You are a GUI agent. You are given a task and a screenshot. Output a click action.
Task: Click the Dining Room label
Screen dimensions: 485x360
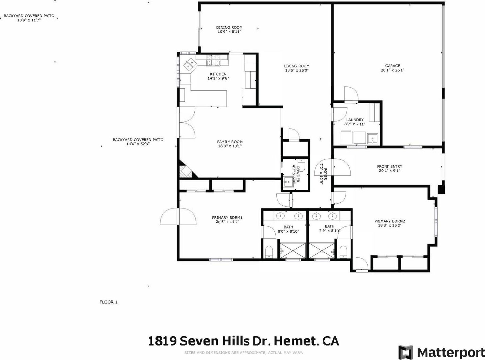click(229, 27)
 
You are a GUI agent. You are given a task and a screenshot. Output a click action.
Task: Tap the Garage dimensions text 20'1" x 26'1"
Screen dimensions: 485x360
click(392, 70)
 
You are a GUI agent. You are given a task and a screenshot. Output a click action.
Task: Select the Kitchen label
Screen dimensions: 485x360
click(218, 74)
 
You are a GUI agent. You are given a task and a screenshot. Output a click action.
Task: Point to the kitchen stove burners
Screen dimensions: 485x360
click(213, 63)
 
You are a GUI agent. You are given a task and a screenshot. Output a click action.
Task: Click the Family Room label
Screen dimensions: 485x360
click(230, 142)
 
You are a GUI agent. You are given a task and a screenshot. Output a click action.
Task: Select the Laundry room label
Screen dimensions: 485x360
click(355, 120)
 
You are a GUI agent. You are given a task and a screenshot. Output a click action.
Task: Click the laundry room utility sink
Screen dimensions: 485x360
click(372, 138)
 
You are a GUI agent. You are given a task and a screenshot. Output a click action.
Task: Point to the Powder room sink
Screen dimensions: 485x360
click(288, 181)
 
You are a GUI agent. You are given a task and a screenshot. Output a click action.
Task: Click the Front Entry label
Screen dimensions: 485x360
click(389, 166)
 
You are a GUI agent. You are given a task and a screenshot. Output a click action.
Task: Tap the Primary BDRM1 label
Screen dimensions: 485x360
click(227, 218)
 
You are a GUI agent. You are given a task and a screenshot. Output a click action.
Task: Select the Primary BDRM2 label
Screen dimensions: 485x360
click(389, 221)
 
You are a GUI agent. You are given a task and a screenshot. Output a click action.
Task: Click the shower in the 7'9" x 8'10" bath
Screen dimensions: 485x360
click(322, 250)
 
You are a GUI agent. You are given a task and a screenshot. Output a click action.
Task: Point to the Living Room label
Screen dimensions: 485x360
click(296, 66)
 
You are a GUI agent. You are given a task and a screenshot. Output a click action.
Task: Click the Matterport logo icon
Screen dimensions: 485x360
click(406, 353)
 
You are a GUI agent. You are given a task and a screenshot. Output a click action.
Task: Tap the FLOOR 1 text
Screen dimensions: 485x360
click(109, 302)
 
